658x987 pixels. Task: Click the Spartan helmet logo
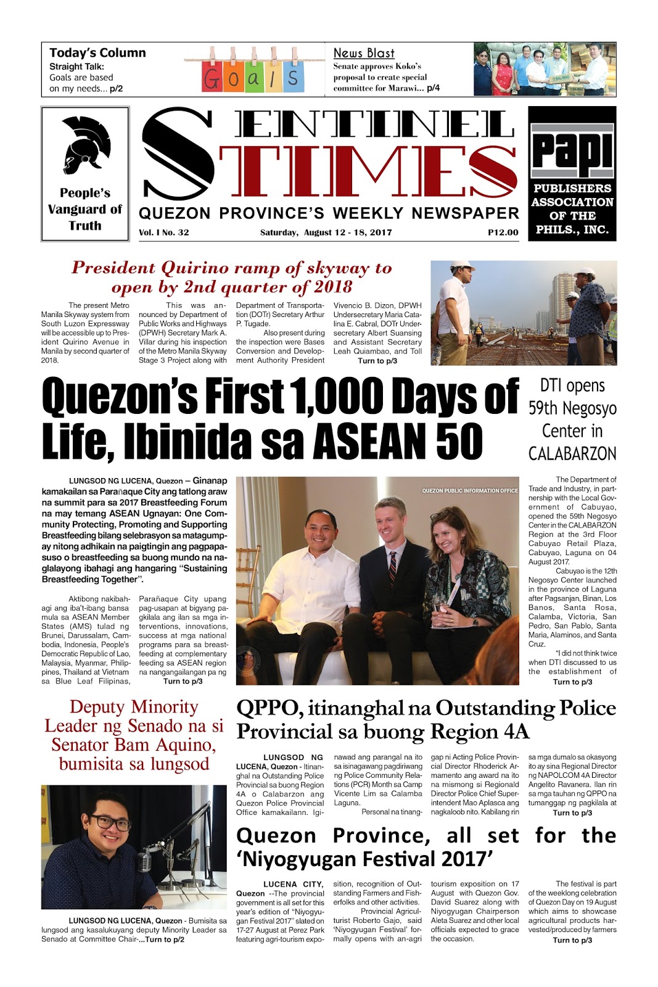[x=85, y=146]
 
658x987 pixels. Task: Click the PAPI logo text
[x=572, y=151]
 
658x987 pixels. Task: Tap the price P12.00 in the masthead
[x=503, y=233]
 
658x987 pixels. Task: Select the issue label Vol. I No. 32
[x=164, y=233]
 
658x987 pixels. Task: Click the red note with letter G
[x=213, y=78]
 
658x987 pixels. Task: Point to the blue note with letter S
[x=293, y=77]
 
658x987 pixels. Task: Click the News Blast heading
[x=364, y=53]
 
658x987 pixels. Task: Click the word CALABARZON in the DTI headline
[x=572, y=453]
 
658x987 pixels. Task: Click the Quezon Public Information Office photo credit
[x=469, y=490]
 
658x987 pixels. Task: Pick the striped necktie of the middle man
[x=392, y=568]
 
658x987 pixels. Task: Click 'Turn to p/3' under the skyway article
[x=377, y=361]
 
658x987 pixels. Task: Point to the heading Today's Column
[x=97, y=53]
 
